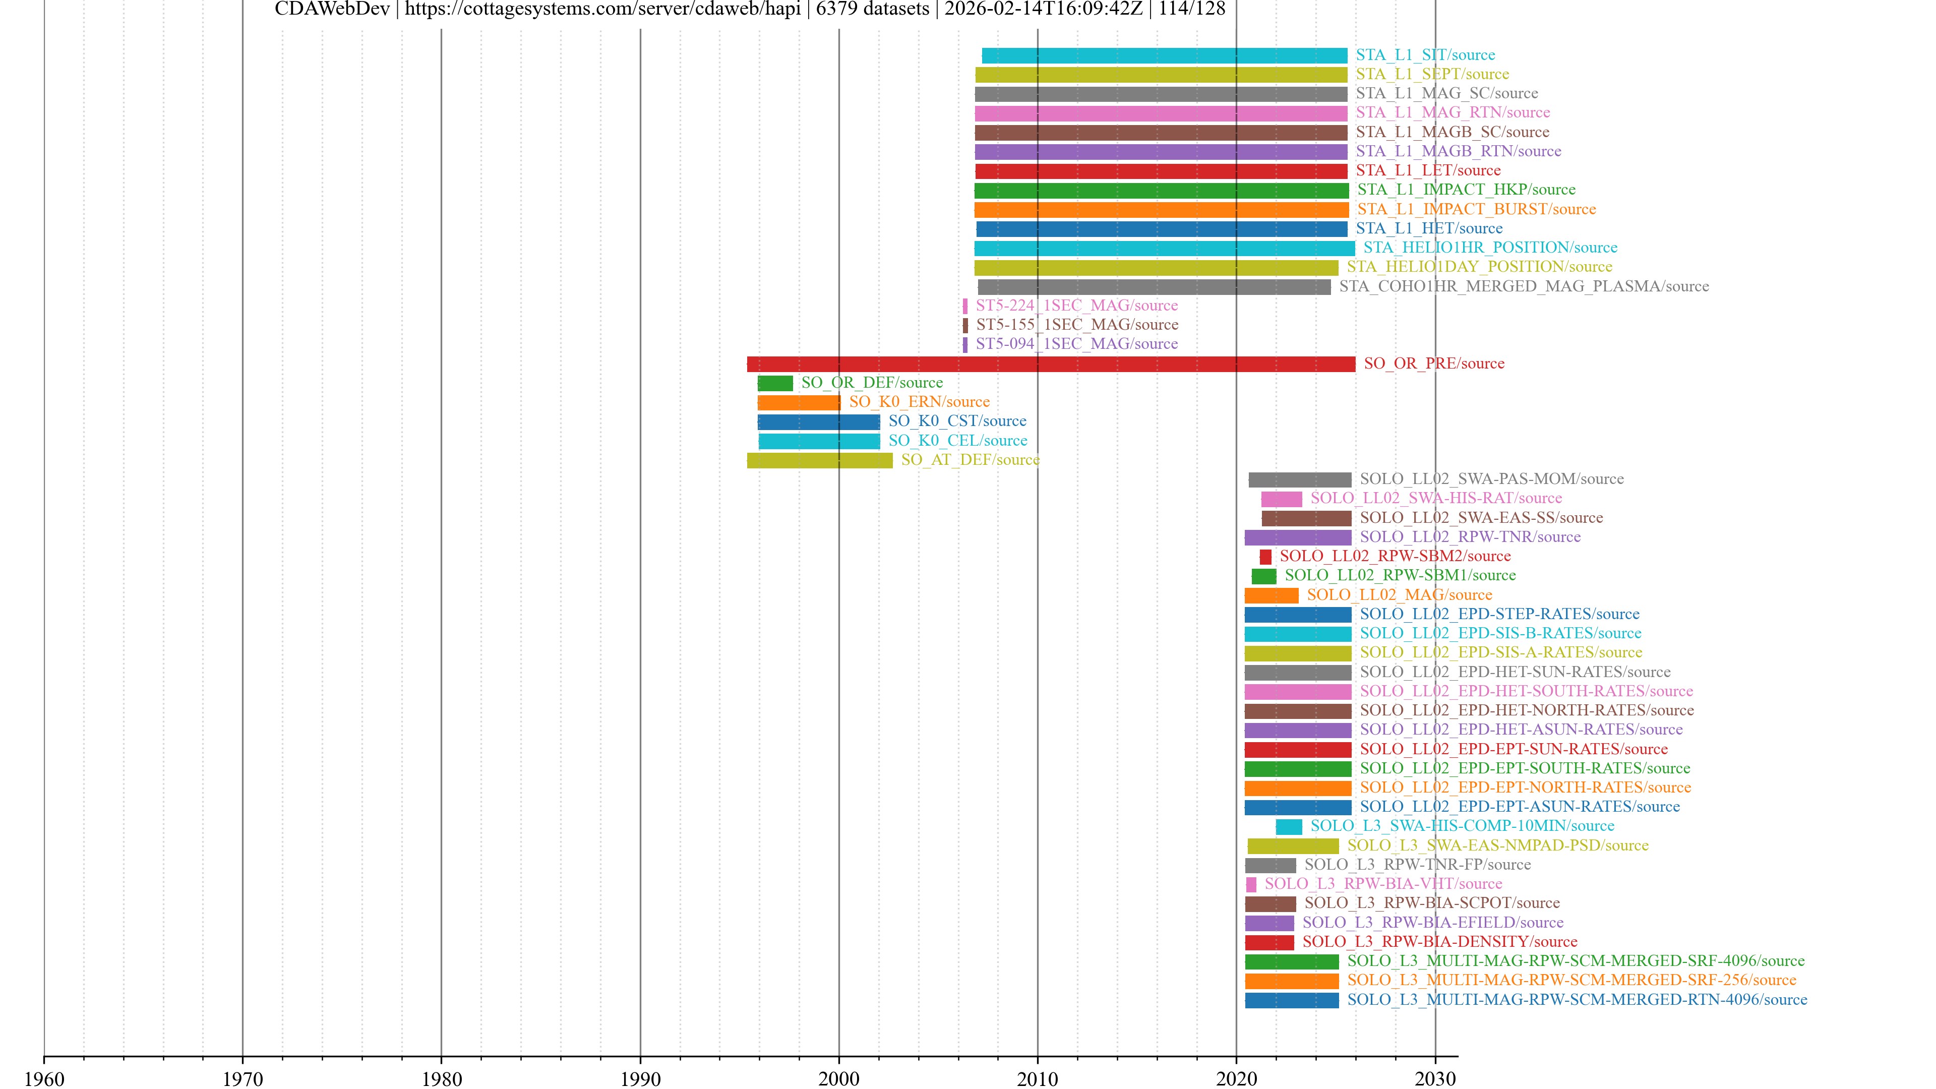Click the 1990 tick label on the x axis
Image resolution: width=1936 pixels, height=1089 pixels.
[x=640, y=1078]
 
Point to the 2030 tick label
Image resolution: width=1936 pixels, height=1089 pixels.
[x=1435, y=1078]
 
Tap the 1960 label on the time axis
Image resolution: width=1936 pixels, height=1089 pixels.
[x=44, y=1078]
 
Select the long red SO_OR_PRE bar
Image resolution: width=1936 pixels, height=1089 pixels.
[x=1051, y=364]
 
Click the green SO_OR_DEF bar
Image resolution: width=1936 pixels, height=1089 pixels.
[x=775, y=383]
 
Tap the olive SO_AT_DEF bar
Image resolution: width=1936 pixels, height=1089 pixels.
[x=819, y=460]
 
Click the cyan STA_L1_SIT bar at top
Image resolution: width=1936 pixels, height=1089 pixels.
[x=1164, y=55]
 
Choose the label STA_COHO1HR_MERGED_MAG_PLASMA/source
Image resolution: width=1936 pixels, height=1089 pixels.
[x=1524, y=286]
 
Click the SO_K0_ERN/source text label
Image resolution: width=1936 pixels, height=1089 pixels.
[x=919, y=402]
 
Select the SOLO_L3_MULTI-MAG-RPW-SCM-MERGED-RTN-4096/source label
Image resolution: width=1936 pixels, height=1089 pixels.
[x=1577, y=1000]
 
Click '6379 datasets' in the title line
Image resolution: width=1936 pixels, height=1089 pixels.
[x=873, y=9]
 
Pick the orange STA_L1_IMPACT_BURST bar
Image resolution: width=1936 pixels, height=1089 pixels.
[x=1161, y=210]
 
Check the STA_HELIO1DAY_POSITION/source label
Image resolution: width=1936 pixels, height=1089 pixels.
[x=1479, y=267]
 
